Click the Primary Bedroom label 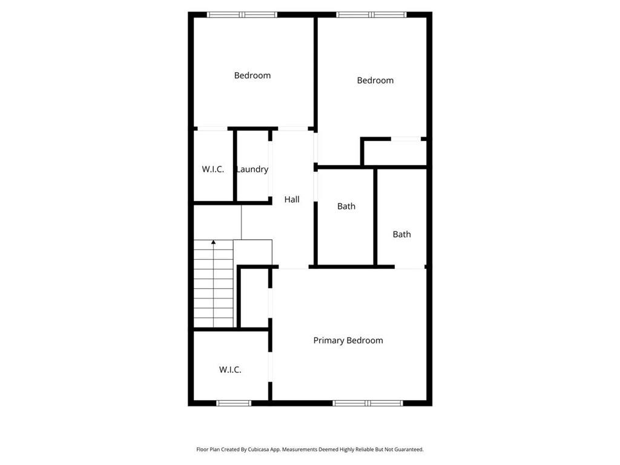pos(348,340)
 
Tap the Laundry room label pos(252,170)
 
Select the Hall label pos(292,199)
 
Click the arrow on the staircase pos(214,242)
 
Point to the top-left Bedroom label pos(252,76)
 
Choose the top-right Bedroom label pos(375,81)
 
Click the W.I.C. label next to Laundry pos(213,170)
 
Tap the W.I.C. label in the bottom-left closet pos(230,369)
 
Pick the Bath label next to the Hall pos(346,206)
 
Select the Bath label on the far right pos(401,234)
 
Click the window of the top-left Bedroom pos(242,15)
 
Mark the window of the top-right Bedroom pos(372,15)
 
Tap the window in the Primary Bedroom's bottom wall pos(368,403)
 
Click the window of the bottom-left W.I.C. pos(234,403)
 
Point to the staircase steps pos(214,285)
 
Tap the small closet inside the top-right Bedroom pos(394,153)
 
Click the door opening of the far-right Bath pos(410,267)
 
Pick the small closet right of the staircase pos(255,298)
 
